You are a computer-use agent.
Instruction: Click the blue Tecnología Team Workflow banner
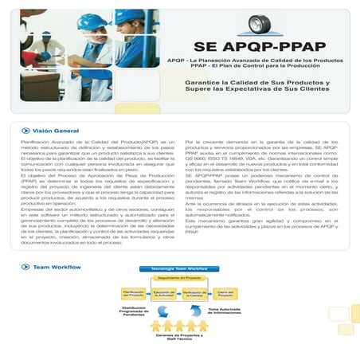[174, 268]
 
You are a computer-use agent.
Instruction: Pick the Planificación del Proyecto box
[133, 293]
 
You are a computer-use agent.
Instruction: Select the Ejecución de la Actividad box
[163, 293]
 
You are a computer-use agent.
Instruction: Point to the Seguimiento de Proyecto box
[178, 276]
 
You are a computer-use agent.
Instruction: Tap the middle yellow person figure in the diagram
[179, 326]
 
